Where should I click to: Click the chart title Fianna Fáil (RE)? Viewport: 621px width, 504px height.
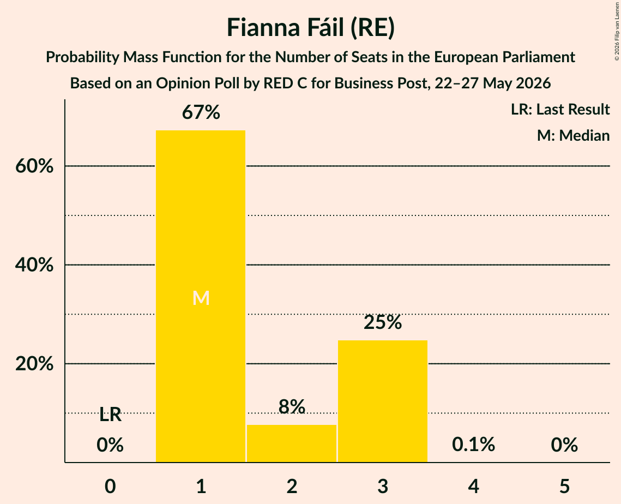[x=311, y=28]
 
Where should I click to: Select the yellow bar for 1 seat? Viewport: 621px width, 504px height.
[x=201, y=296]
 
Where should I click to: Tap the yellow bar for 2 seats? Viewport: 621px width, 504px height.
[x=292, y=443]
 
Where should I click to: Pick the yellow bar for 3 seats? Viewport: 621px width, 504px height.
[x=383, y=401]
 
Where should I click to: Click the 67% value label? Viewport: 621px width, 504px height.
[x=201, y=112]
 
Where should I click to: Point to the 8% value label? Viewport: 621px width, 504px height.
[x=292, y=406]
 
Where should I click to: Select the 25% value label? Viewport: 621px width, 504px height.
[x=383, y=322]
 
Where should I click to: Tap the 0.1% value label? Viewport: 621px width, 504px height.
[x=474, y=445]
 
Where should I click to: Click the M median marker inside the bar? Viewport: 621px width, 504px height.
[x=201, y=298]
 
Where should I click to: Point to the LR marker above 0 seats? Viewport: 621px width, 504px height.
[x=110, y=415]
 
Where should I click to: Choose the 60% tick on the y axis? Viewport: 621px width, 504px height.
[x=34, y=166]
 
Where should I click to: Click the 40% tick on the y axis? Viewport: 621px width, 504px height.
[x=34, y=265]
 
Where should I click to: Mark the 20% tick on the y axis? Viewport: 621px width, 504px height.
[x=34, y=363]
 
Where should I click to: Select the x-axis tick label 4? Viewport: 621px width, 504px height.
[x=474, y=486]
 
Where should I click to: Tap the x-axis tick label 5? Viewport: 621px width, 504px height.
[x=564, y=486]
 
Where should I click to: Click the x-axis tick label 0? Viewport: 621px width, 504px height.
[x=110, y=486]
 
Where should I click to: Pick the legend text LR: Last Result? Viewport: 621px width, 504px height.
[x=560, y=109]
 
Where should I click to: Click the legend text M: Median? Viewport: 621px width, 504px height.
[x=573, y=135]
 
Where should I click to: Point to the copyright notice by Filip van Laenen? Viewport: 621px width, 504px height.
[x=617, y=31]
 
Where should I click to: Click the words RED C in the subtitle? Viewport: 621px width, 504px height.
[x=285, y=83]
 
